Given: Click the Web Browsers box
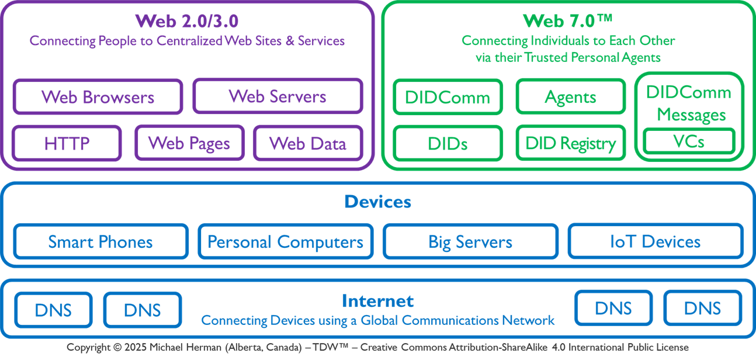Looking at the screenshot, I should pyautogui.click(x=98, y=97).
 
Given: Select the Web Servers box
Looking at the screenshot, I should pyautogui.click(x=278, y=96).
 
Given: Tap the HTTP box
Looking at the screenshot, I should pyautogui.click(x=67, y=143).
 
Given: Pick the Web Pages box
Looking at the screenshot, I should pyautogui.click(x=189, y=143).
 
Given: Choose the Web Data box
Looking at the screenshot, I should pyautogui.click(x=308, y=143).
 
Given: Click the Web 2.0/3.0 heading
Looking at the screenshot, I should pyautogui.click(x=187, y=21).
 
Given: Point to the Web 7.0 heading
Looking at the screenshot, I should pyautogui.click(x=567, y=21).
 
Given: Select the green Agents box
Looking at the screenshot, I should pyautogui.click(x=570, y=97).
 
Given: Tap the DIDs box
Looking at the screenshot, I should pyautogui.click(x=448, y=143).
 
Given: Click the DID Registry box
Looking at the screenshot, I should pyautogui.click(x=570, y=143).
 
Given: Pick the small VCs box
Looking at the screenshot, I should pyautogui.click(x=689, y=141).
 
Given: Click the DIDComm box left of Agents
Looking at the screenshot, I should pyautogui.click(x=448, y=97).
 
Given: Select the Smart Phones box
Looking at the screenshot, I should pyautogui.click(x=100, y=241).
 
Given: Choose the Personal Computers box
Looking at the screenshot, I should pyautogui.click(x=285, y=241).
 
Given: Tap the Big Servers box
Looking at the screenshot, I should pyautogui.click(x=470, y=241).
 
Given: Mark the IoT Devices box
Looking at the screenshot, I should pyautogui.click(x=655, y=241).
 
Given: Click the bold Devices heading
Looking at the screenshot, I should pyautogui.click(x=377, y=202).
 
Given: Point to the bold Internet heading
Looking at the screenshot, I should pyautogui.click(x=377, y=301).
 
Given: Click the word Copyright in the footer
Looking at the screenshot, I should pyautogui.click(x=88, y=347).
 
